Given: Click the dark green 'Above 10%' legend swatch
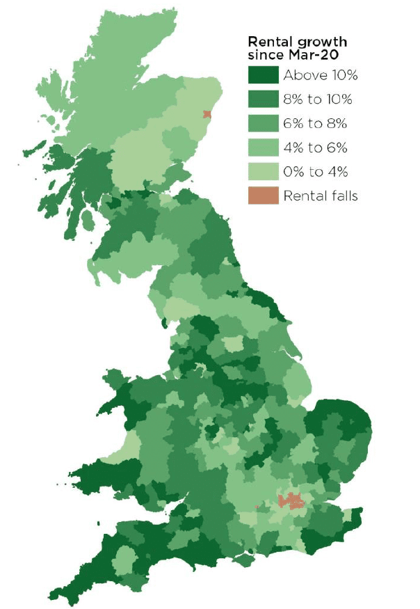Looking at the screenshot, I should pyautogui.click(x=264, y=74).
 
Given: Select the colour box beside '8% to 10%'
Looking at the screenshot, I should pyautogui.click(x=264, y=99).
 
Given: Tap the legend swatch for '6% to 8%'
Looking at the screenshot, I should pyautogui.click(x=264, y=123).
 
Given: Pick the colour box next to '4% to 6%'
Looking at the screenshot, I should pyautogui.click(x=264, y=148).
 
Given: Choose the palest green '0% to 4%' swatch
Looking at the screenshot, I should pyautogui.click(x=264, y=172).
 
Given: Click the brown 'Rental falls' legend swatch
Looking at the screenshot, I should pyautogui.click(x=264, y=196).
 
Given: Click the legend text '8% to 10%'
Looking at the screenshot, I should pyautogui.click(x=318, y=100).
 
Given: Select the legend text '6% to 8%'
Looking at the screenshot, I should pyautogui.click(x=313, y=124).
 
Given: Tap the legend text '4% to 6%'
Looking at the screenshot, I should pyautogui.click(x=313, y=148).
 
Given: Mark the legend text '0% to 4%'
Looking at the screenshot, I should pyautogui.click(x=313, y=172).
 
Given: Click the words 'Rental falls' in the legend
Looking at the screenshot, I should pyautogui.click(x=320, y=196).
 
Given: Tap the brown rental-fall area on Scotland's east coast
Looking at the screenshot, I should pyautogui.click(x=206, y=115).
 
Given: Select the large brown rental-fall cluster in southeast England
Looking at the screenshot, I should pyautogui.click(x=289, y=500).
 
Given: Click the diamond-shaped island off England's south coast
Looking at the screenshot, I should pyautogui.click(x=245, y=560).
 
